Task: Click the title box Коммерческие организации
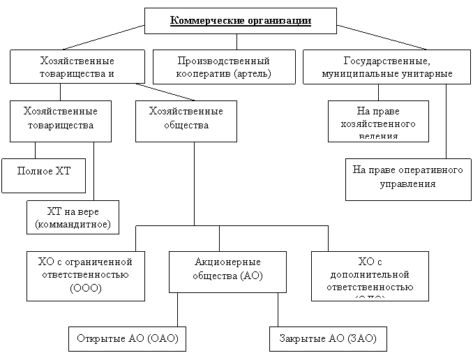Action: click(240, 21)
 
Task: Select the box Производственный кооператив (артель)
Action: click(223, 67)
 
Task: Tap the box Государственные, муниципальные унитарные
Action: click(387, 67)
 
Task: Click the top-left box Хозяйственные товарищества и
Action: click(77, 67)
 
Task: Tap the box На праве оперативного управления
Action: click(408, 179)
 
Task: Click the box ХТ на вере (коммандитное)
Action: click(73, 218)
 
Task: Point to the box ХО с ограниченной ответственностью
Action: click(85, 275)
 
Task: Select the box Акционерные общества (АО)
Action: click(227, 271)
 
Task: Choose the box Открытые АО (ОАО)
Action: click(127, 338)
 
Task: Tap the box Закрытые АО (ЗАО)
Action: click(328, 338)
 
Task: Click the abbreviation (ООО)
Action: click(85, 287)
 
